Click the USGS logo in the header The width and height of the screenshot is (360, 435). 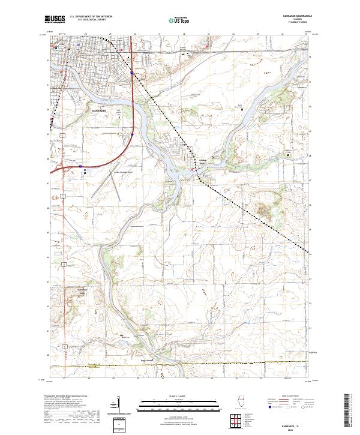click(55, 19)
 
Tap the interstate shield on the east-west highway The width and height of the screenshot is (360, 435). click(80, 163)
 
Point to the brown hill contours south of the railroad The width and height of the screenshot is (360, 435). click(263, 210)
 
